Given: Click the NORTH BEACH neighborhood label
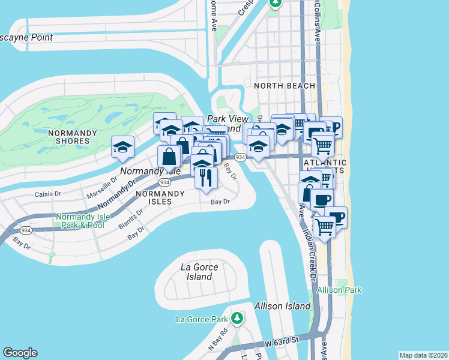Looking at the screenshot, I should coord(285,86).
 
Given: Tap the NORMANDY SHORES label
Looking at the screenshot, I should coord(68,137).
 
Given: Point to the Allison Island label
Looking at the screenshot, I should coord(282,306).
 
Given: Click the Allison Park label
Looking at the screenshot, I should coord(340,290).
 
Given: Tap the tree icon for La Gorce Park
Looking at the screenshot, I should coord(238,317).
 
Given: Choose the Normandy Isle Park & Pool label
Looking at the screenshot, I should coord(80,221).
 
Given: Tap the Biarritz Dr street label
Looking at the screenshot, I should coord(131,215).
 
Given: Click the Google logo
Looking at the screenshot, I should coord(20,353).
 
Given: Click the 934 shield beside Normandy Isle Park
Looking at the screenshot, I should coord(25,230).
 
